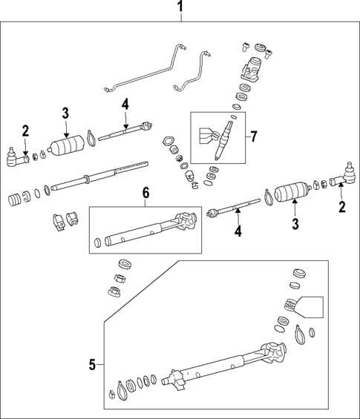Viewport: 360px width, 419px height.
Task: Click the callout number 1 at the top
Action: (x=180, y=9)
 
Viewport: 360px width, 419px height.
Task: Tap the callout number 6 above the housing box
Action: (x=146, y=193)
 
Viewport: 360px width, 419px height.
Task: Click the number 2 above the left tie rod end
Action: (x=25, y=131)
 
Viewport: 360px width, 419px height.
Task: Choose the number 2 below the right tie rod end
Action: (x=342, y=207)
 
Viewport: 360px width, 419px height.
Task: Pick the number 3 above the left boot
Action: (x=65, y=113)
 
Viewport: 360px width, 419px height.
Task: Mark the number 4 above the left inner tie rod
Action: (x=125, y=104)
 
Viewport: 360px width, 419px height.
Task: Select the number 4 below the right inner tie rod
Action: (x=239, y=231)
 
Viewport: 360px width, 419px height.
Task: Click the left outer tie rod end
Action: (x=14, y=156)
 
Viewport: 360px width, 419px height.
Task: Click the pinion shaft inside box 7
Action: (x=223, y=140)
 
